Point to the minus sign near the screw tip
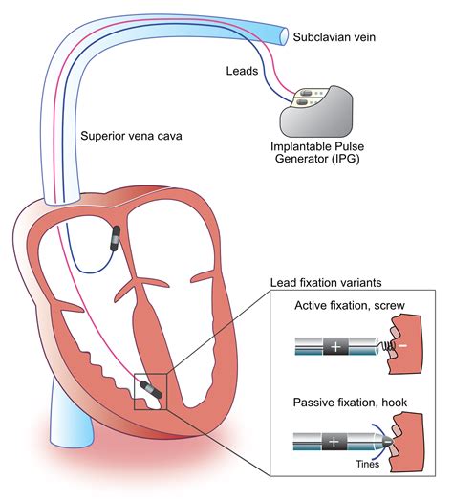pos(401,344)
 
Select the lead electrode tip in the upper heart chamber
pos(116,238)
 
